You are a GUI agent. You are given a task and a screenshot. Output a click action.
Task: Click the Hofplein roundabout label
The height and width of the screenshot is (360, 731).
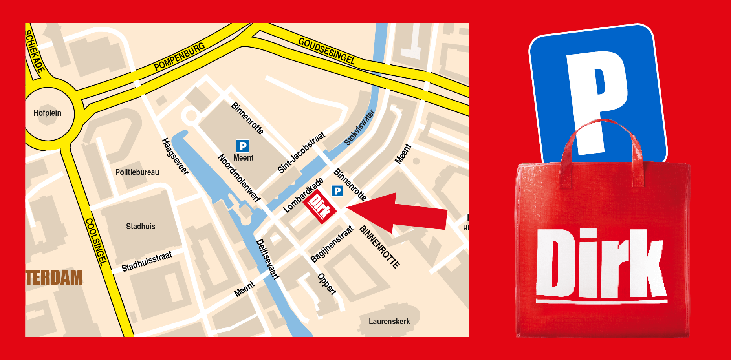click(x=48, y=113)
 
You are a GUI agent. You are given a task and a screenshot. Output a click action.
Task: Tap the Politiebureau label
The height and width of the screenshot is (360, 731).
click(x=137, y=172)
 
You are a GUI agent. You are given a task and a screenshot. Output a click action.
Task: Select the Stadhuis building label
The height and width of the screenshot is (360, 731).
click(x=141, y=227)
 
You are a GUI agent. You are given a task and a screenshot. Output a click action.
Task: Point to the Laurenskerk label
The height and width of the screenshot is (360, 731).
click(x=389, y=322)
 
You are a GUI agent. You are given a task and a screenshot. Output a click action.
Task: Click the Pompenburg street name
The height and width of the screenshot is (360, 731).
click(x=180, y=57)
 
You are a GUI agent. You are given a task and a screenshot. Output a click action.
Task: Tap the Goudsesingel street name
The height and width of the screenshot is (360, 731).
click(x=327, y=51)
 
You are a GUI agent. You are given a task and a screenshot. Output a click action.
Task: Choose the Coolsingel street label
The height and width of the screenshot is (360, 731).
click(x=96, y=242)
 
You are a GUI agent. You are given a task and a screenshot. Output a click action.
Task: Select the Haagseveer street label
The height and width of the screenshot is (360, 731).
click(x=175, y=156)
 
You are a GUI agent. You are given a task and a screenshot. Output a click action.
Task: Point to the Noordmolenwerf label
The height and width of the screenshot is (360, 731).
click(x=239, y=178)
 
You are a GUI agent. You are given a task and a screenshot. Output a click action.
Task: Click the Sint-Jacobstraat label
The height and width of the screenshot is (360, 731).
click(x=301, y=152)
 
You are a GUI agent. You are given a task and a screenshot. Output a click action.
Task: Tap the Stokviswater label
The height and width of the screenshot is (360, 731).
click(x=359, y=128)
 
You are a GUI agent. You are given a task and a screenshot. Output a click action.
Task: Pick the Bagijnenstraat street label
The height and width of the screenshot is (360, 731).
click(x=332, y=244)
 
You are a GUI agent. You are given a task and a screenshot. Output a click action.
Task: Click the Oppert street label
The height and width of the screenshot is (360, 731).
click(x=327, y=284)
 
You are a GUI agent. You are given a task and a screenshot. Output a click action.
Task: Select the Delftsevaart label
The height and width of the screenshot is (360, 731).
click(x=267, y=259)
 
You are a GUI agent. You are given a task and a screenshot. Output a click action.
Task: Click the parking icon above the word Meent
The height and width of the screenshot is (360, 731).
click(x=243, y=146)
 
